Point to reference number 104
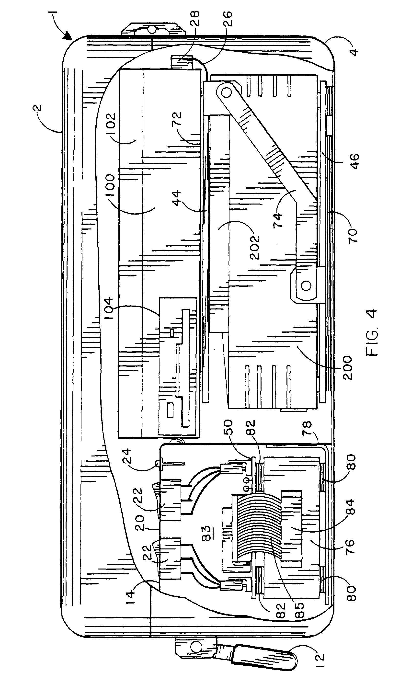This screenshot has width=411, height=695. [108, 308]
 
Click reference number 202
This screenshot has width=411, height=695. [254, 247]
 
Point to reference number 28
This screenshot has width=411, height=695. [195, 18]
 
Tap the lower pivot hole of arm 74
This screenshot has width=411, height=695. [306, 285]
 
